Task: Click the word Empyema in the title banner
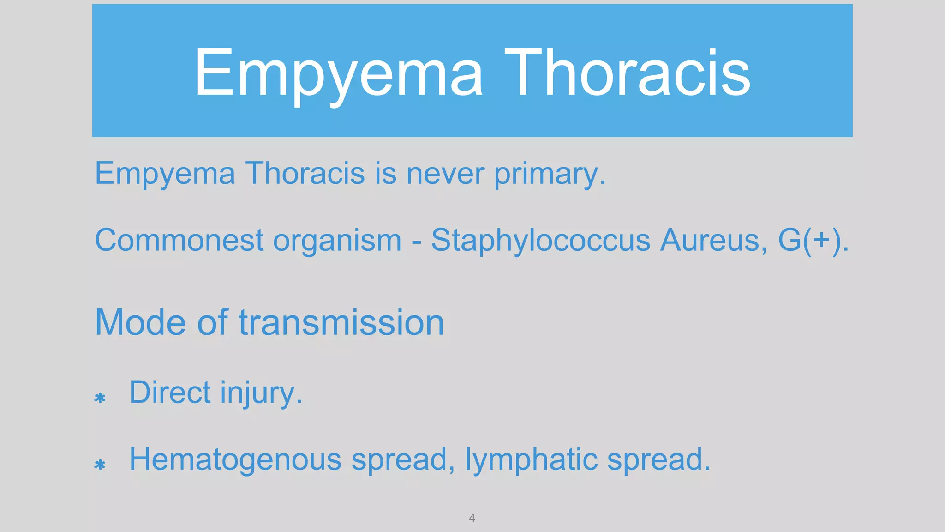(x=338, y=74)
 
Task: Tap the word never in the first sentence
(x=445, y=174)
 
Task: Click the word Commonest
(x=179, y=240)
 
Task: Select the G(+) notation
(x=810, y=240)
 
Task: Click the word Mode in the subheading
(x=140, y=322)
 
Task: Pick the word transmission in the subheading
(x=341, y=322)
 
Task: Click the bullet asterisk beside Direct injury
(x=100, y=398)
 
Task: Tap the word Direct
(x=170, y=393)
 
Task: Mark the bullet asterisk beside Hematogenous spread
(x=100, y=465)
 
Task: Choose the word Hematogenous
(x=235, y=460)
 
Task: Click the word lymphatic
(x=531, y=460)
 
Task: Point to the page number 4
(x=472, y=518)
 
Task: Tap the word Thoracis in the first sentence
(x=305, y=174)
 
